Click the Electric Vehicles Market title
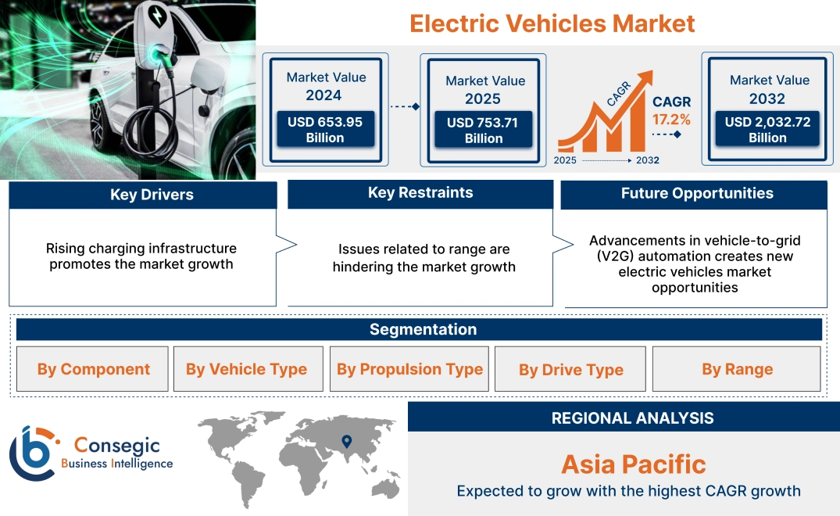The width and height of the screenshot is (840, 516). pos(552,23)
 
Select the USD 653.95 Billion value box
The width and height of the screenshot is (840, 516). pos(324,129)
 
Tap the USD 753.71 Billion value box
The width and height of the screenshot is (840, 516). pos(484,130)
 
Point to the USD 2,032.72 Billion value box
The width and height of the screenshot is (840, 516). pos(767,129)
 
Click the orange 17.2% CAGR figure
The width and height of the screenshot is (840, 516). pos(671,120)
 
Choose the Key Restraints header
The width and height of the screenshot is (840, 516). pos(420,193)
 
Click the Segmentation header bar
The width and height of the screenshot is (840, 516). pos(423,329)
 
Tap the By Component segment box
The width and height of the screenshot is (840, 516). pos(93,369)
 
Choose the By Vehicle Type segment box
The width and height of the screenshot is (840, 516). pos(247,369)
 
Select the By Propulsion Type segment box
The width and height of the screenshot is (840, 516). pos(409,369)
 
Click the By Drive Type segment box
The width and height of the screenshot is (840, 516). pos(571,369)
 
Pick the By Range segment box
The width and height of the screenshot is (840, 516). pos(737,369)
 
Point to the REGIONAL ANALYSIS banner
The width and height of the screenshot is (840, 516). pos(632,417)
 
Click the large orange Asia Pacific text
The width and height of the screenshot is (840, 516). pos(633,464)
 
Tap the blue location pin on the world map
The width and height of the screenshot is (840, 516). pos(346,442)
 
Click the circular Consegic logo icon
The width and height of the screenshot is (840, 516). pos(31,453)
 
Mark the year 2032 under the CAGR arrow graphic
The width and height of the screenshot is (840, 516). pos(647,160)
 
